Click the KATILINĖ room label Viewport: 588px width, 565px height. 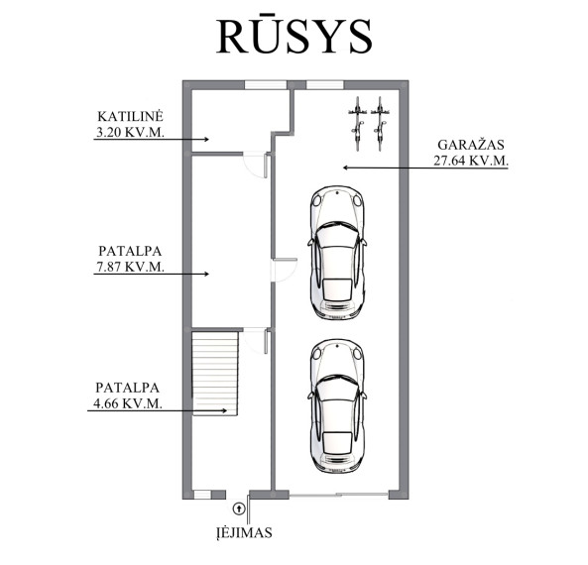point(131,116)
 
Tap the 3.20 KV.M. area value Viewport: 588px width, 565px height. point(131,132)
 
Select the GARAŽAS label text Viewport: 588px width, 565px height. point(471,145)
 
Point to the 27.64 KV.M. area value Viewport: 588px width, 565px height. point(471,161)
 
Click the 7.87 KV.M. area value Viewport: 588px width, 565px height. point(131,267)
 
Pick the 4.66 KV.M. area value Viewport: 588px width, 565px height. point(128,403)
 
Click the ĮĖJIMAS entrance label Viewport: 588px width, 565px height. point(244,533)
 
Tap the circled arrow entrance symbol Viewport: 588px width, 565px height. point(239,508)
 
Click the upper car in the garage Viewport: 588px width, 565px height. point(337,253)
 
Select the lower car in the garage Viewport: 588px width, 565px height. point(337,406)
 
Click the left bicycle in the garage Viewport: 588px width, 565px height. point(357,124)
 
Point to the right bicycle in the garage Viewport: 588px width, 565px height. point(380,124)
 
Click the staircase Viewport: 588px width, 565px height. point(215,373)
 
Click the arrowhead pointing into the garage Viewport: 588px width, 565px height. point(346,168)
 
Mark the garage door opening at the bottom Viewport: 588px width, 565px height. point(339,495)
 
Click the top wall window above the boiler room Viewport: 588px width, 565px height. point(266,84)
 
